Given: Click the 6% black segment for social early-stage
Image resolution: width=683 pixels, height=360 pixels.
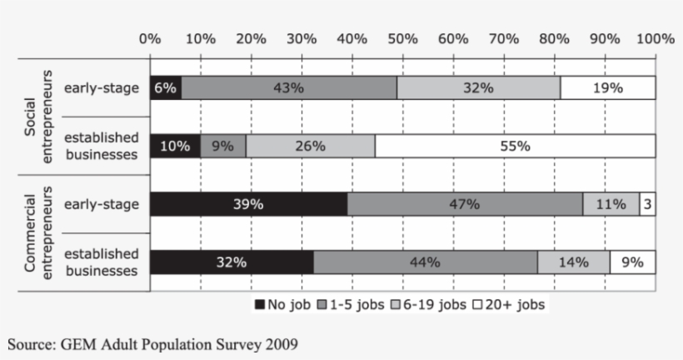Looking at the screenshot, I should click(166, 87).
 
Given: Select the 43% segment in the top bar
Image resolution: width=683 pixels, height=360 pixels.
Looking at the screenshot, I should click(289, 87).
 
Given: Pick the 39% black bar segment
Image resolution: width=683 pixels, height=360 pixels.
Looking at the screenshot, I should click(248, 204).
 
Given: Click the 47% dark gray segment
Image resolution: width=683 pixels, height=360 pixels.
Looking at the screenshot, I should click(465, 204).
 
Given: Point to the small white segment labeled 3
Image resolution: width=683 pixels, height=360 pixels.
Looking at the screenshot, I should click(647, 204).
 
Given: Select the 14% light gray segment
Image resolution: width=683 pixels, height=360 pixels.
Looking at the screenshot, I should click(573, 262).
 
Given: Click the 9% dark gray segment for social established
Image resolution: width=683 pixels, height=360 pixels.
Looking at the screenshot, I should click(223, 146).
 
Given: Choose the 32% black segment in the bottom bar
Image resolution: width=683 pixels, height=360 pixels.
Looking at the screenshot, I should click(232, 262).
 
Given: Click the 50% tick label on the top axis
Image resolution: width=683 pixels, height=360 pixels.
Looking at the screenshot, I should click(403, 38).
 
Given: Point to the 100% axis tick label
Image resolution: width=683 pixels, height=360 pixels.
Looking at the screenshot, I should click(655, 38).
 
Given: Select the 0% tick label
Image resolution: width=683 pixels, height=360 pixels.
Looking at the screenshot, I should click(151, 38).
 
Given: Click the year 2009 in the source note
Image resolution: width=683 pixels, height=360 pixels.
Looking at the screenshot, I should click(281, 342).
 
